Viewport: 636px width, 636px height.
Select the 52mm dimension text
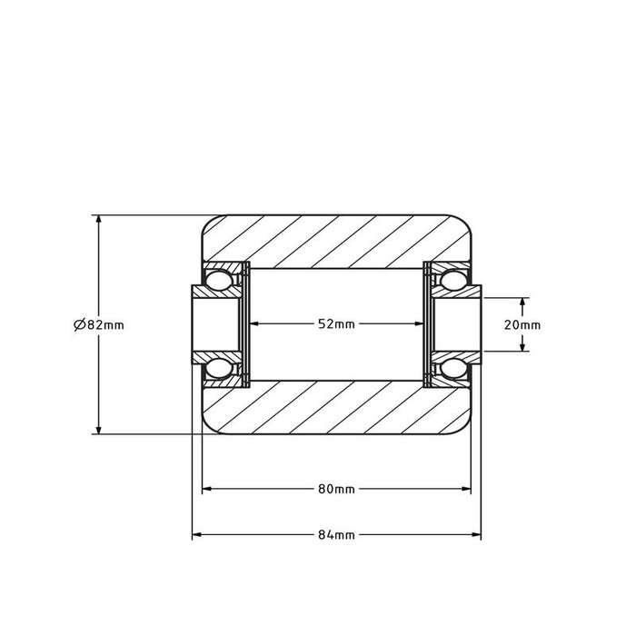[336, 324]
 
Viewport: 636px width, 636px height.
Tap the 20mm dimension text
[522, 324]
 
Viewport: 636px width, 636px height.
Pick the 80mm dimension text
[336, 490]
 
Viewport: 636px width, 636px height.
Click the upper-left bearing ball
[218, 280]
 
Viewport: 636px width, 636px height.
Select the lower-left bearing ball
[218, 369]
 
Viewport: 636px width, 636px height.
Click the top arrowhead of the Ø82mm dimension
[97, 221]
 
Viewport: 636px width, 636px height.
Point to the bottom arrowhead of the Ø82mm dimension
[97, 429]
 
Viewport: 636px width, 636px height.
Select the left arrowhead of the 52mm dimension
[254, 324]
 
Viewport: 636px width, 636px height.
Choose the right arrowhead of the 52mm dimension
[419, 324]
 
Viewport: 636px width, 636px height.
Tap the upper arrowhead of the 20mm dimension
[522, 302]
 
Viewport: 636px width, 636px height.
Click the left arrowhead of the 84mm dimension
[196, 535]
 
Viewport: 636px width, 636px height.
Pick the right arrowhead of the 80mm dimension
[466, 490]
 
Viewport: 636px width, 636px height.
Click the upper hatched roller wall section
[336, 241]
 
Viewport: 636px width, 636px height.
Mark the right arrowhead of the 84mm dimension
[475, 535]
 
